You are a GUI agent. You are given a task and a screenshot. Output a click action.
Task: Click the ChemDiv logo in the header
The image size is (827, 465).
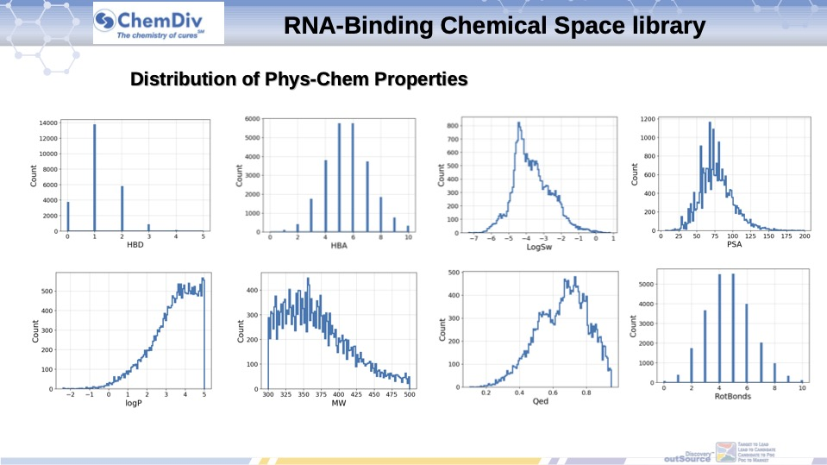pos(160,24)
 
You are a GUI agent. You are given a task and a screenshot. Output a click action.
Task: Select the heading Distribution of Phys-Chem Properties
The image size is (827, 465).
pos(298,79)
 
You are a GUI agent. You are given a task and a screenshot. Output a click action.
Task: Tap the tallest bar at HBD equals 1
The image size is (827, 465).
pos(95,178)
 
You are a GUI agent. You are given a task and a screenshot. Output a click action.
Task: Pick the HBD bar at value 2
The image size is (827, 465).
pos(122,209)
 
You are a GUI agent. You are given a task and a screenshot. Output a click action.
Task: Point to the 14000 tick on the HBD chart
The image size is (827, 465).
pos(47,123)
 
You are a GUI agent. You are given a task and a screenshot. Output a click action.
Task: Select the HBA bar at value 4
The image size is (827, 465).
pos(325,196)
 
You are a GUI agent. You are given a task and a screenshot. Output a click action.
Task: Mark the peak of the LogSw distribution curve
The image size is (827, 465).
pos(518,123)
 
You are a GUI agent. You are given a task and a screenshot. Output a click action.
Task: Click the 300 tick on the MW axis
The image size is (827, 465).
pos(268,395)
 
